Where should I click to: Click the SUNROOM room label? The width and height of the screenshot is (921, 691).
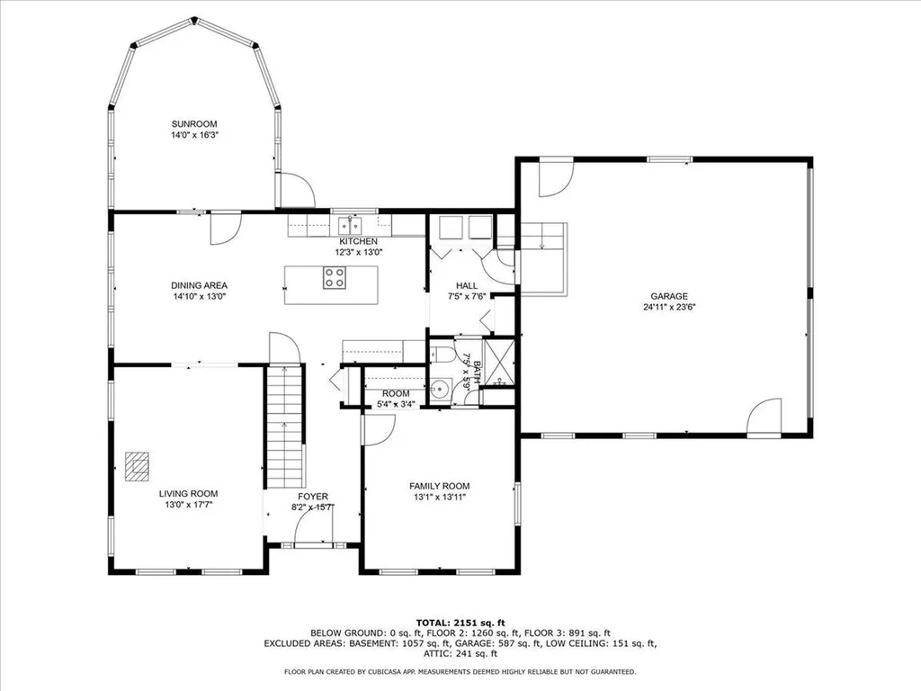click(x=195, y=124)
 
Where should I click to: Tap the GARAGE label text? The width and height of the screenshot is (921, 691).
click(x=669, y=296)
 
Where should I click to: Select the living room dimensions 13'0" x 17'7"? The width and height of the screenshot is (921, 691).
click(x=188, y=505)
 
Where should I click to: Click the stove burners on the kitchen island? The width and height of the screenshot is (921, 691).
click(x=335, y=282)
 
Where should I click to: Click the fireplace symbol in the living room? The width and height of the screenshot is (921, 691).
click(x=137, y=467)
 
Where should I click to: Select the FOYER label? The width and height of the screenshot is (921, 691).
click(x=313, y=497)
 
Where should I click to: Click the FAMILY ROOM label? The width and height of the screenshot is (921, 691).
click(x=440, y=486)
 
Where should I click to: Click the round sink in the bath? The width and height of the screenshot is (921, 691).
click(x=440, y=389)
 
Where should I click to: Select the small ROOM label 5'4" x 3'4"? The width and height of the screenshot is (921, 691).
click(x=396, y=394)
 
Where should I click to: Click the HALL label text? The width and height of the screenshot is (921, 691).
click(x=467, y=285)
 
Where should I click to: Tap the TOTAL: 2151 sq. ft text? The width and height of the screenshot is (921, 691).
click(x=460, y=623)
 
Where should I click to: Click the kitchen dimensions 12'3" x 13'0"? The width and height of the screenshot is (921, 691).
click(x=358, y=253)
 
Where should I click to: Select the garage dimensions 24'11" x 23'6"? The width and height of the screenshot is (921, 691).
click(x=669, y=307)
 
